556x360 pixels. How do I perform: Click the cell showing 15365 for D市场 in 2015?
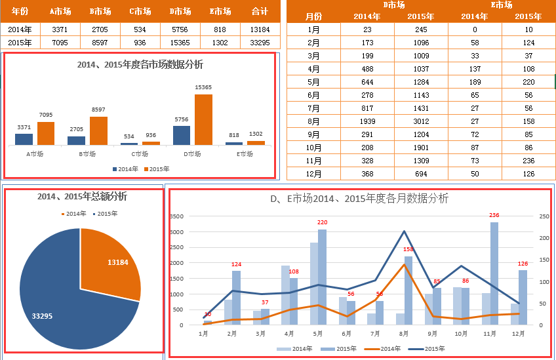[180, 43]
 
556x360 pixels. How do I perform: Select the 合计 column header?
[260, 11]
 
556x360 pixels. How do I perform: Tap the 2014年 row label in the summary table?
[20, 29]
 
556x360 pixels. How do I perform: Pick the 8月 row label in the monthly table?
[314, 121]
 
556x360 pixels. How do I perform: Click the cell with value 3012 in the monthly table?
[420, 121]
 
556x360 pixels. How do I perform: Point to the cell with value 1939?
[367, 121]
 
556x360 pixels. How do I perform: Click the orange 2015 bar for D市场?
[203, 119]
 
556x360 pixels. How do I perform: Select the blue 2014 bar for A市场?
[24, 139]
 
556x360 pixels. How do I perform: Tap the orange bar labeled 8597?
[98, 130]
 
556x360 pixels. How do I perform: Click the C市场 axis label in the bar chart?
[139, 155]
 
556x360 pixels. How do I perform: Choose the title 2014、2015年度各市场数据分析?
[140, 65]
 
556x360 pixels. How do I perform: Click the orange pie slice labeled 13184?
[111, 259]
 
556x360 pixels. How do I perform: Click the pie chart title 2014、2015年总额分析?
[82, 197]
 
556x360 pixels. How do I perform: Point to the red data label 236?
[494, 215]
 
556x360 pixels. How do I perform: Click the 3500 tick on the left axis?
[176, 216]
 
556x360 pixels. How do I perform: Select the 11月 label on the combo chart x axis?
[490, 334]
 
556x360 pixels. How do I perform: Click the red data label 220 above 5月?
[322, 222]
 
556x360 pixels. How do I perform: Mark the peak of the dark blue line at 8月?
[404, 231]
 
